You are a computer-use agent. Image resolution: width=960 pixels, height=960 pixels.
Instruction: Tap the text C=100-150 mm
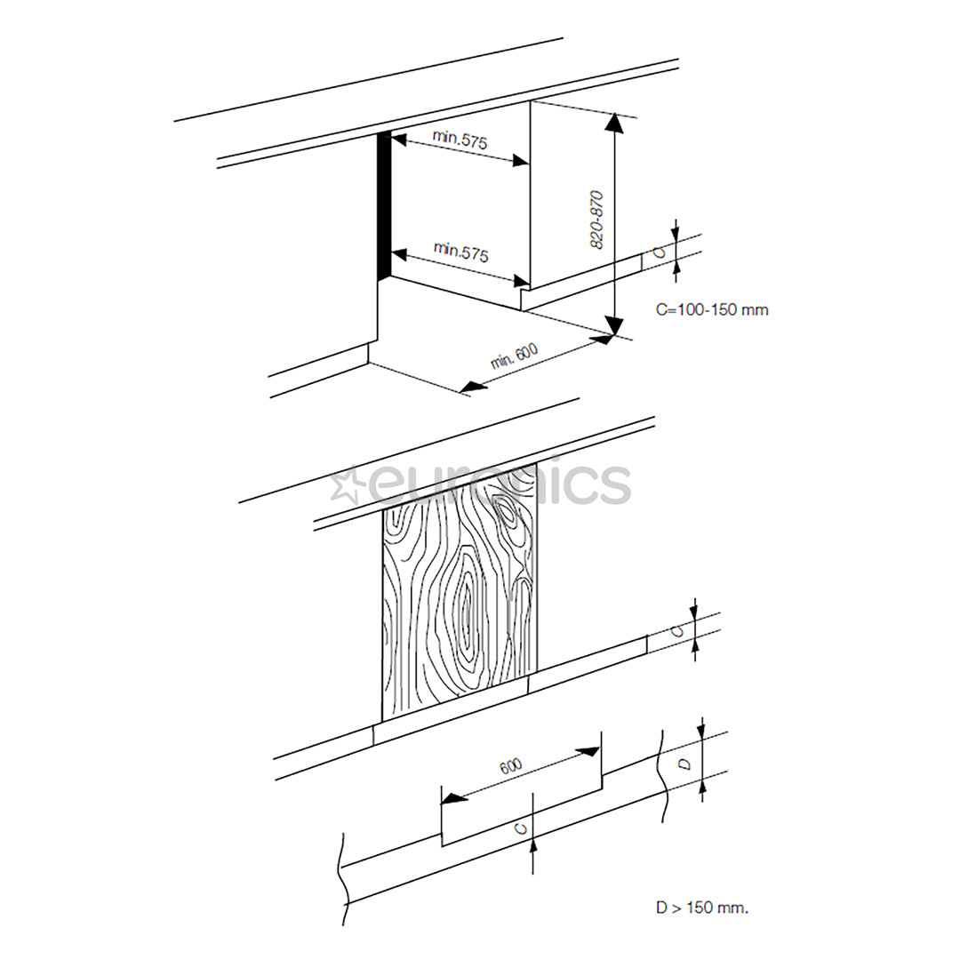point(712,310)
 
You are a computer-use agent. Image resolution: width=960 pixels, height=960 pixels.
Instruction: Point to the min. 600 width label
point(515,356)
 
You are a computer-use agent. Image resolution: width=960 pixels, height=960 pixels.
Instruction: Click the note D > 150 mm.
point(702,908)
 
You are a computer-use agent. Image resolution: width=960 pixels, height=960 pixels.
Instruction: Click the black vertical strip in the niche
point(384,205)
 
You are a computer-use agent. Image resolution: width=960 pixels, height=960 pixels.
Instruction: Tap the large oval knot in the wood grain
point(466,613)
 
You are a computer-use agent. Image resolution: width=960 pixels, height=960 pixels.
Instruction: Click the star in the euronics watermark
point(343,485)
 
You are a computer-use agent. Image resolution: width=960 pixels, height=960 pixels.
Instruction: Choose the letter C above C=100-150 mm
point(659,250)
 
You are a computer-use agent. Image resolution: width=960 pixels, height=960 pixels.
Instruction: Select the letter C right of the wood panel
point(677,630)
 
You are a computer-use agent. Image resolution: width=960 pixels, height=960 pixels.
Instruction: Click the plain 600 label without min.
point(510,767)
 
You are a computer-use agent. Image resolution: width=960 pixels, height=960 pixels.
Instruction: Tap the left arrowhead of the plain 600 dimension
point(453,798)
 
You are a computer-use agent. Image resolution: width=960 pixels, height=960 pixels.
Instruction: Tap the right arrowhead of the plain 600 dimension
point(588,752)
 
